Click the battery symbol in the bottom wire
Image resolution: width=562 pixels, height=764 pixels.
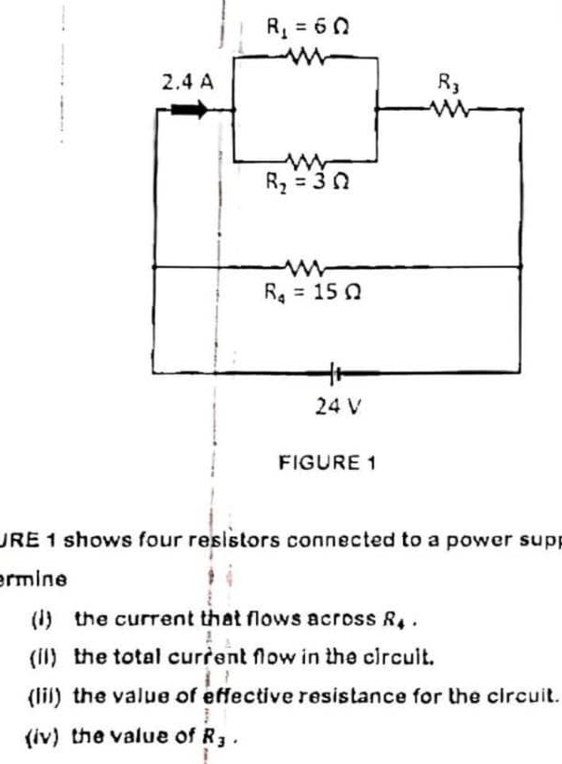[333, 369]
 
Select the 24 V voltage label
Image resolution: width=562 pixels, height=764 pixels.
[332, 405]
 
